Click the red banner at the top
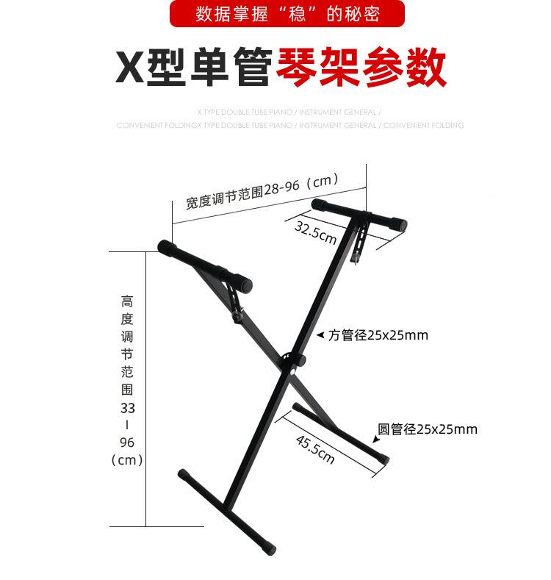(x=287, y=14)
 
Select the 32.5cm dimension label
(x=315, y=232)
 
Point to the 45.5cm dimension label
(x=315, y=449)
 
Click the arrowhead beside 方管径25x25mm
(x=320, y=335)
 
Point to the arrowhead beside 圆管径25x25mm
(x=376, y=439)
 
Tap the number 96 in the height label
(x=127, y=443)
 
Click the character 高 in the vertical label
(x=127, y=301)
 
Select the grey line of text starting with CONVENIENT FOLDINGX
(x=289, y=126)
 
